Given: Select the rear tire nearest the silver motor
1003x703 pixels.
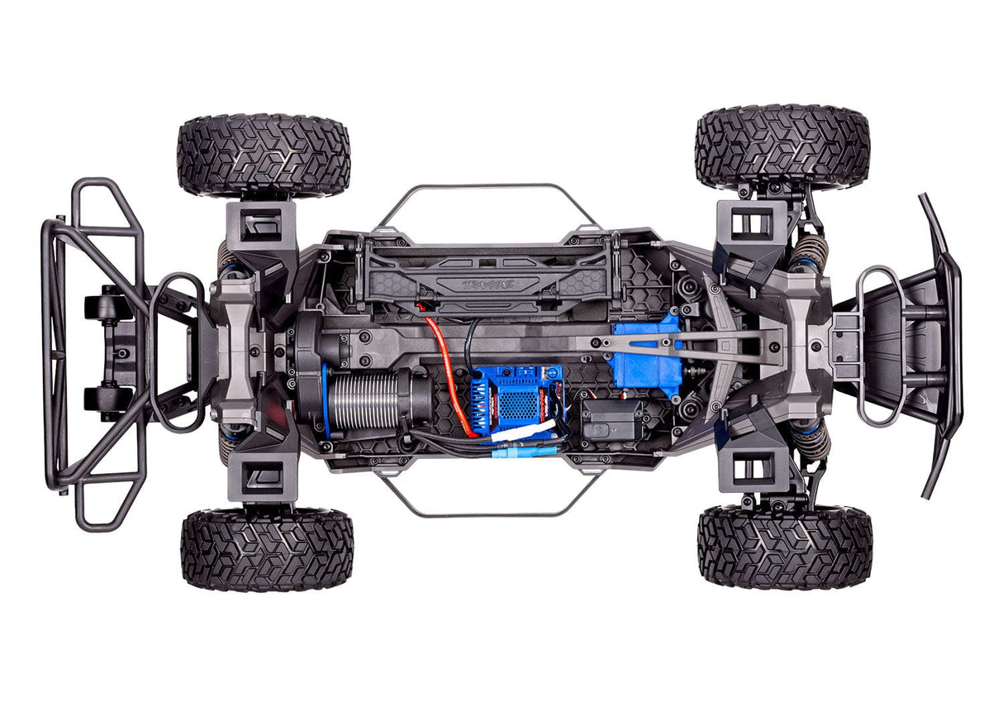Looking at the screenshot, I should point(266,548).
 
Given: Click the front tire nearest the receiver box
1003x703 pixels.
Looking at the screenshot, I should point(785,547).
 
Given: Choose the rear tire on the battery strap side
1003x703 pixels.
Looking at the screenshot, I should point(264,155).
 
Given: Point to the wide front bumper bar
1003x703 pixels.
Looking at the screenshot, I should point(944,347).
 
